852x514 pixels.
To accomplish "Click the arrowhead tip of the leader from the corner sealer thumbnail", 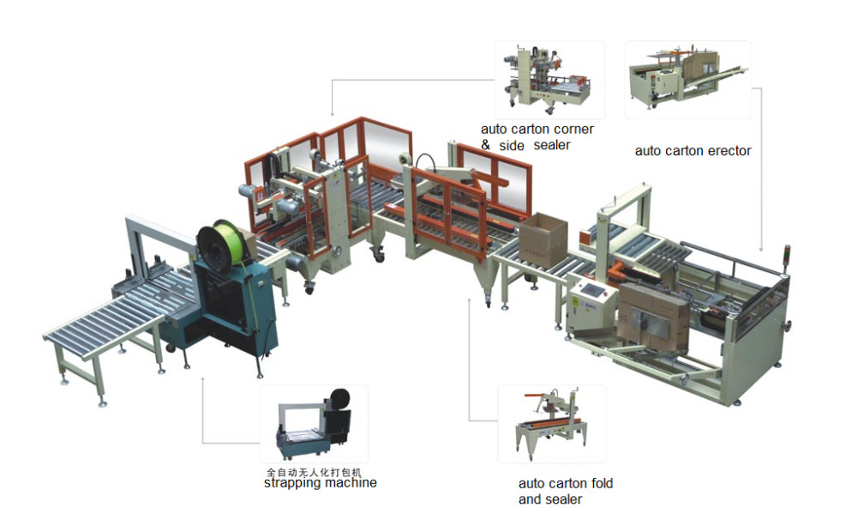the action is (332, 116).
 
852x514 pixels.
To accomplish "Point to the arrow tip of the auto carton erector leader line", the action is (760, 251).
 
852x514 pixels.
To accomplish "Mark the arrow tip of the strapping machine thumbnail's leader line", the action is (202, 378).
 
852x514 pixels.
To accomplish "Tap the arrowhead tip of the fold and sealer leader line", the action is (470, 298).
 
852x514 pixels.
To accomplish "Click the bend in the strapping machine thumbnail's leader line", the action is (202, 443).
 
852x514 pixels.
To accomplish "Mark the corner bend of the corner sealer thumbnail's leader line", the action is (332, 80).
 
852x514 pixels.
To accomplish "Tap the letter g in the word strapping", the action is (332, 484).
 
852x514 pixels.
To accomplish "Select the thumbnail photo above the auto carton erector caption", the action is (688, 80).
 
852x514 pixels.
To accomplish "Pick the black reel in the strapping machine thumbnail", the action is (339, 400).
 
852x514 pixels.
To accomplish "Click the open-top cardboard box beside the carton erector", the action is (543, 239).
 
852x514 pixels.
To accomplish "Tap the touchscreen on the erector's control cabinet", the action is (591, 289).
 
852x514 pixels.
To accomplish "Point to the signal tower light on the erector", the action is (786, 257).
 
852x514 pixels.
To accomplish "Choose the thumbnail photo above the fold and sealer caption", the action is (551, 424).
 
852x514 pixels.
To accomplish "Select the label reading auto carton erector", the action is (693, 151).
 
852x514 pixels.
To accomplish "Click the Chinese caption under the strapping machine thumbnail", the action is (314, 472).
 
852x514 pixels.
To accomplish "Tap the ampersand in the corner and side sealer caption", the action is (486, 145).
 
